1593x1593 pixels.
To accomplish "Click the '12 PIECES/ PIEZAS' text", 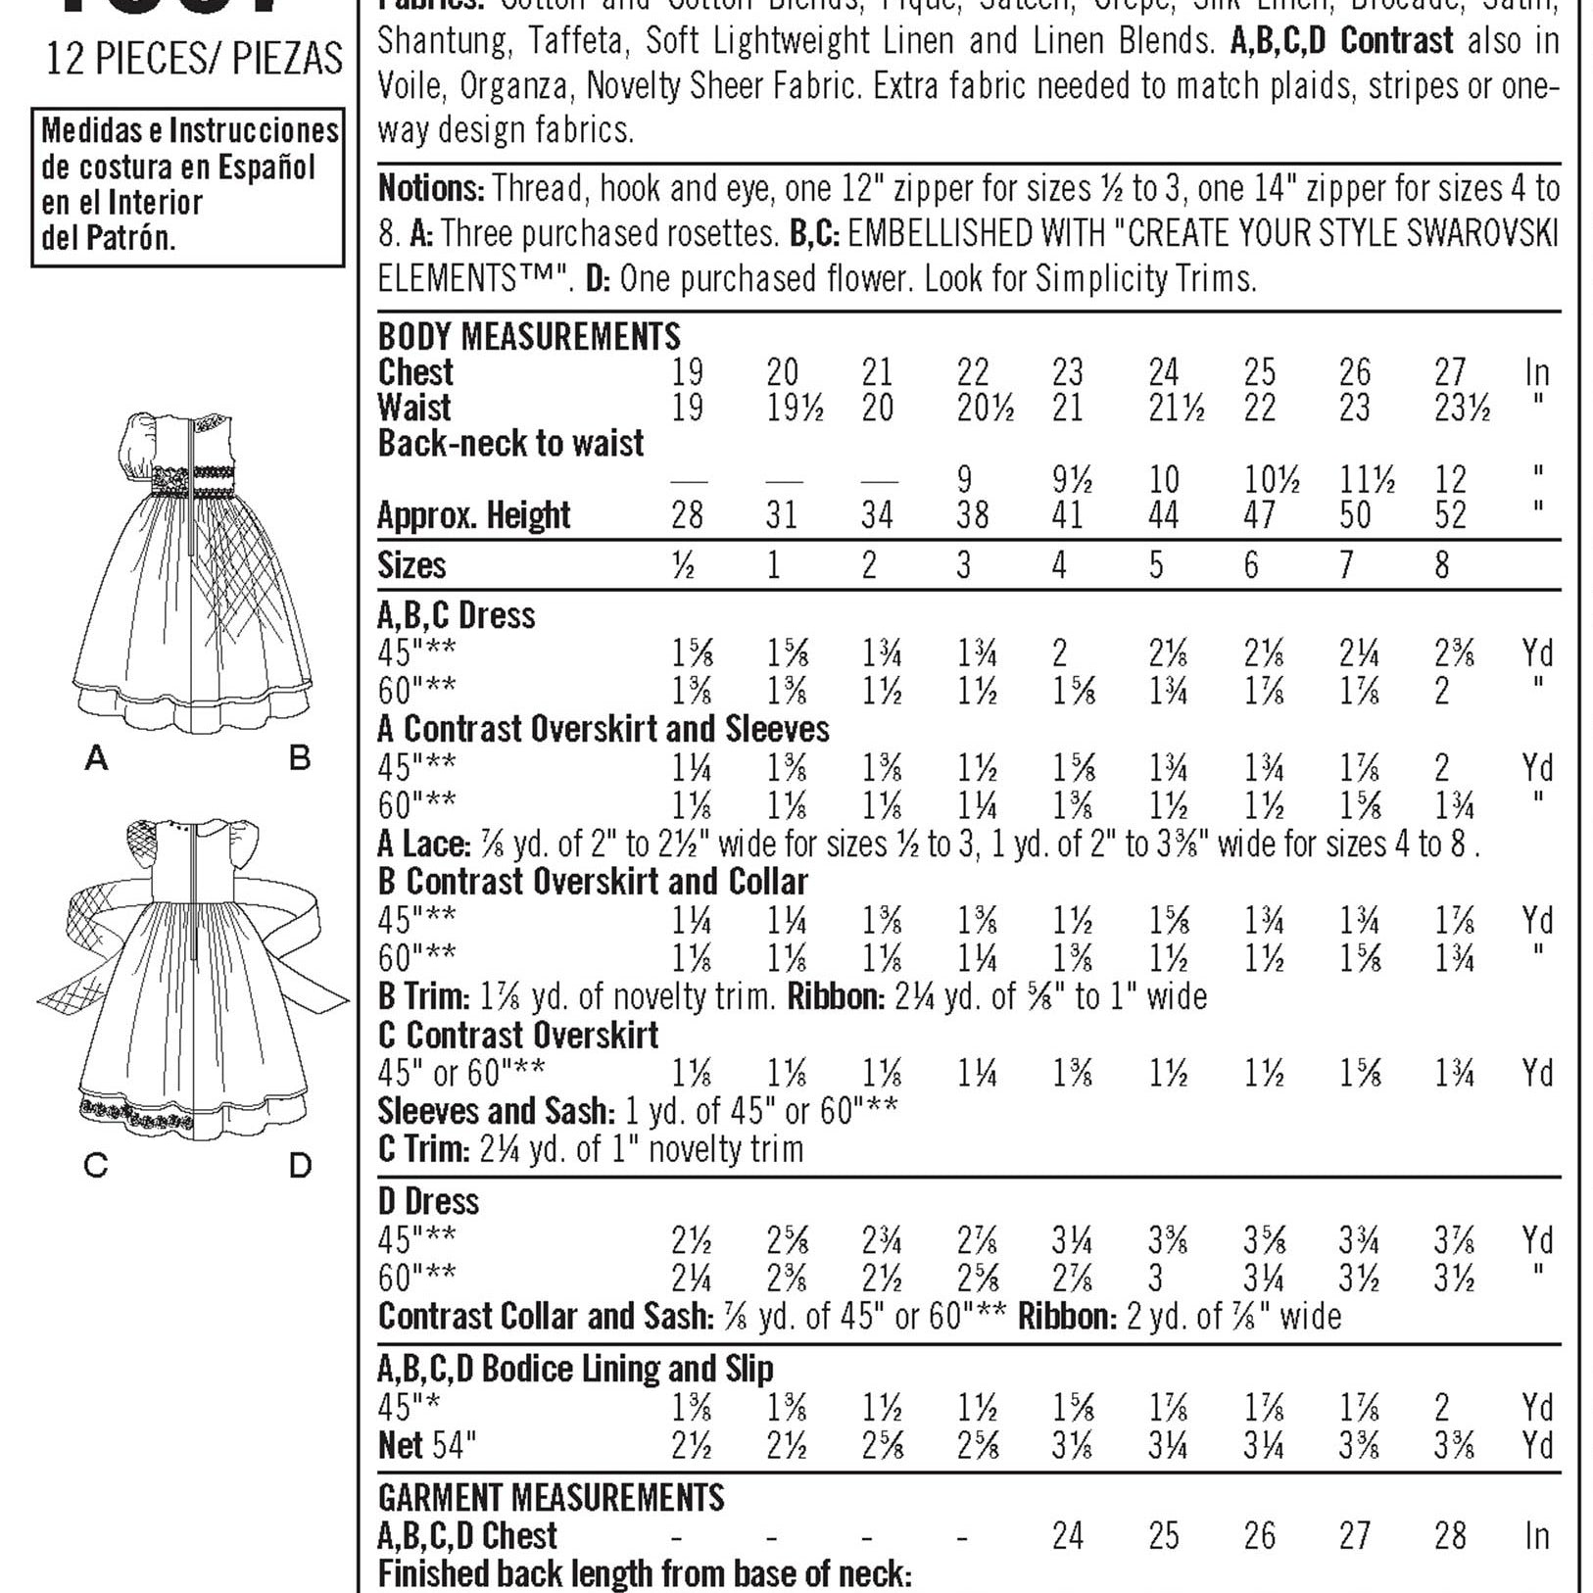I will click(x=194, y=60).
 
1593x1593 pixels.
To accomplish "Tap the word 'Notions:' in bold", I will click(x=431, y=188).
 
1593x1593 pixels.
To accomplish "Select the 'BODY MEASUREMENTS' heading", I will click(x=529, y=337).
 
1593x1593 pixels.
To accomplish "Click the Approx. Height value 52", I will click(x=1450, y=515).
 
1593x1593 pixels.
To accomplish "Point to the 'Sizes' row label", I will click(x=411, y=565).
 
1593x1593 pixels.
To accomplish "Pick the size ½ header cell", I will click(x=685, y=565).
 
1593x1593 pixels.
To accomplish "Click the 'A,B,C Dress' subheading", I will click(x=457, y=615).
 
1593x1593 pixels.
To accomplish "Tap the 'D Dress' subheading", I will click(x=428, y=1201).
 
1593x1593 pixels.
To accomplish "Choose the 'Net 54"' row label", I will click(x=427, y=1445).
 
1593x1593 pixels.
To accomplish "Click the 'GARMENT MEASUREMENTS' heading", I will click(x=551, y=1498).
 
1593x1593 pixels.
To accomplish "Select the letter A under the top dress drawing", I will click(x=96, y=756).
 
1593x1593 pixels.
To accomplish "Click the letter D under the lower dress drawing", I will click(x=300, y=1165).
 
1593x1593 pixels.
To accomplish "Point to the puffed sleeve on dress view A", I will click(x=143, y=441).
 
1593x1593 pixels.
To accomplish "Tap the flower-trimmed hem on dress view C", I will click(x=137, y=1115).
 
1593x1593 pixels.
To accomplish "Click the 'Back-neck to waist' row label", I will click(x=510, y=444).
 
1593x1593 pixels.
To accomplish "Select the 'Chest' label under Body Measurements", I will click(x=415, y=372).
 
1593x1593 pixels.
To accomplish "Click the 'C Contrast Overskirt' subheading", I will click(x=518, y=1036).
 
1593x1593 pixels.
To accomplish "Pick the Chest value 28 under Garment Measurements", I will click(x=1450, y=1535).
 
